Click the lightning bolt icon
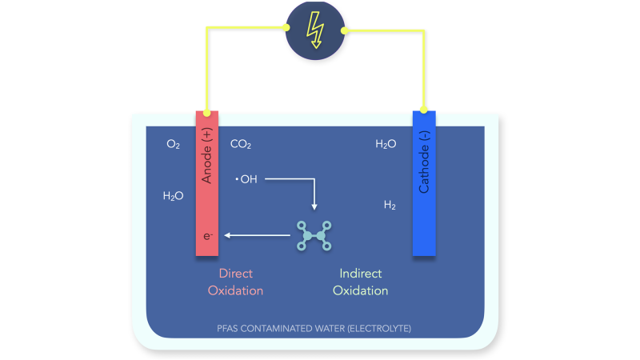click(x=315, y=30)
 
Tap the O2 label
click(x=173, y=145)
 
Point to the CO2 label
click(x=241, y=145)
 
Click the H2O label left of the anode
click(x=173, y=195)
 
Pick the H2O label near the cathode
click(x=386, y=145)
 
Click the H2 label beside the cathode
click(x=390, y=206)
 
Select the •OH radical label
click(x=246, y=179)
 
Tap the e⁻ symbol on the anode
click(x=207, y=236)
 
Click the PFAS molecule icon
click(x=314, y=235)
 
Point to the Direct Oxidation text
click(x=235, y=282)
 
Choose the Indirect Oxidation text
click(x=360, y=282)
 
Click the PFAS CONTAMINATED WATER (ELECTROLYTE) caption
click(x=315, y=328)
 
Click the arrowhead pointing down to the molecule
click(x=314, y=207)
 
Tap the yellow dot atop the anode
click(x=207, y=114)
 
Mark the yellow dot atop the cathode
click(x=424, y=110)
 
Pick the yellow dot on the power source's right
click(x=345, y=31)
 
